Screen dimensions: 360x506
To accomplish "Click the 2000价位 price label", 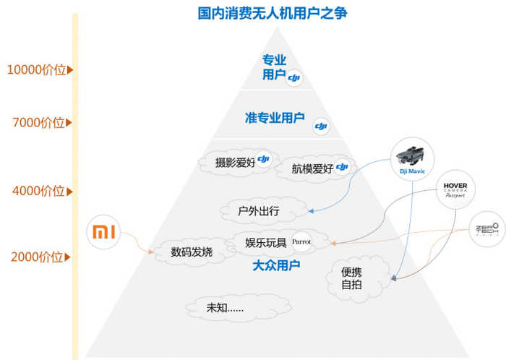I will pos(37,257).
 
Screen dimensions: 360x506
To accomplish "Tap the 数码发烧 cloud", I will pos(192,252).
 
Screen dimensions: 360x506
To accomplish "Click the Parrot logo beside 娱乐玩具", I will pos(301,242).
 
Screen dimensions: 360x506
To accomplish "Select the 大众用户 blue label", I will pos(276,266).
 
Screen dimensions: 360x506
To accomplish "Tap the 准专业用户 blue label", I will pos(275,116).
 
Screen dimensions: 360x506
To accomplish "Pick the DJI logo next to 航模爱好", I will pos(343,167).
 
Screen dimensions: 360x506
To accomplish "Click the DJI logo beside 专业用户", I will pos(294,78).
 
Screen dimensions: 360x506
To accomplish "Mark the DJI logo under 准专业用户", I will pos(321,128).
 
